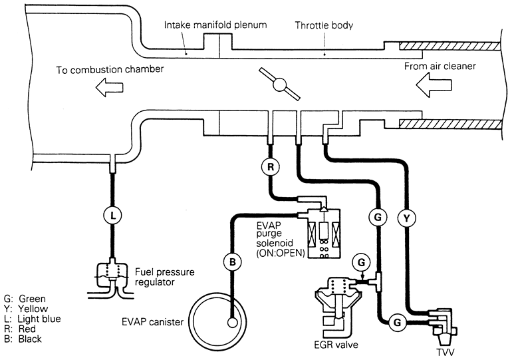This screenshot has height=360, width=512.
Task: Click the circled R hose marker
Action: point(271,167)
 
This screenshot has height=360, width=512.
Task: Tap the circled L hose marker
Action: point(112,216)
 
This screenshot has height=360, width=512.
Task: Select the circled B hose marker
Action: point(232,262)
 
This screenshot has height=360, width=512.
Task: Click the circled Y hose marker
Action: point(406,218)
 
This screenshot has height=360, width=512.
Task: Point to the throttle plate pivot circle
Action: point(279,85)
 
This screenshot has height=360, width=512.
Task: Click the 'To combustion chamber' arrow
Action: point(110,87)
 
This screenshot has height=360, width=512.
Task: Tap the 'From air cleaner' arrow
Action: point(434,85)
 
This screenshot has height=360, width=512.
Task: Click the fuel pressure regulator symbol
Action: point(111,278)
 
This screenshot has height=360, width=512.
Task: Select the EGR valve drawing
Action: point(338,307)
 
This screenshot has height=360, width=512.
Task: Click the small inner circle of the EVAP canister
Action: point(232,323)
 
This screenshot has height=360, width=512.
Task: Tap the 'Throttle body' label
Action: point(324,25)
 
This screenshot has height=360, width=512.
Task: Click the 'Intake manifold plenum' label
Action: point(215,25)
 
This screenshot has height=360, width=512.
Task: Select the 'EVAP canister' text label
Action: point(152,322)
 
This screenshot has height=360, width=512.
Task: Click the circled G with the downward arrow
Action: point(361,262)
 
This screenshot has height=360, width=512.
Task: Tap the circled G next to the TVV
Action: point(397,323)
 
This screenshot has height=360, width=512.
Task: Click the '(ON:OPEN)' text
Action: point(281,253)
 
